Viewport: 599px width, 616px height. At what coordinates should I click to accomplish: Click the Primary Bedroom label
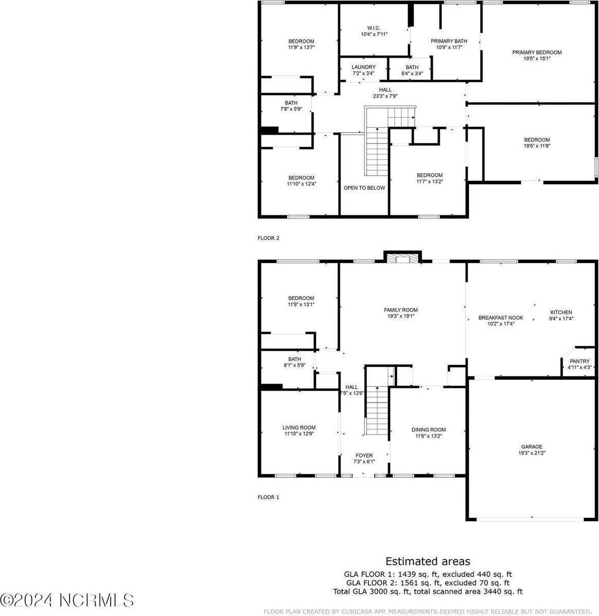click(x=537, y=52)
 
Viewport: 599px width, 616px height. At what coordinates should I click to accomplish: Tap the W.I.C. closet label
click(x=374, y=28)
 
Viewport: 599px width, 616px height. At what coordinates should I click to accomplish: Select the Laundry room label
click(x=363, y=67)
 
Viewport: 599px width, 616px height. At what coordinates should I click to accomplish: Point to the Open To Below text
click(x=364, y=188)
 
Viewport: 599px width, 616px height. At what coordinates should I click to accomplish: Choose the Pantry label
click(x=579, y=361)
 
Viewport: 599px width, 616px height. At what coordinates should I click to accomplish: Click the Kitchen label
click(x=561, y=312)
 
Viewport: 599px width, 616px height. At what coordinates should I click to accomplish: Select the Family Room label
click(x=401, y=310)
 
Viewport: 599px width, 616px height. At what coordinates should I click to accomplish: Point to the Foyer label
click(x=364, y=456)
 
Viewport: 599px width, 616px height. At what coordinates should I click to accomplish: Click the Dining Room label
click(x=428, y=430)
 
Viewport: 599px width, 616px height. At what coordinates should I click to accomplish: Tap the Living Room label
click(x=299, y=428)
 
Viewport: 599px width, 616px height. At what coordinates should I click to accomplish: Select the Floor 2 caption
click(x=268, y=238)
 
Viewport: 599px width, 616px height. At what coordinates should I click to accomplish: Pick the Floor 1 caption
click(x=268, y=497)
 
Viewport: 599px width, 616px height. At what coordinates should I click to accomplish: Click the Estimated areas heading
click(x=428, y=561)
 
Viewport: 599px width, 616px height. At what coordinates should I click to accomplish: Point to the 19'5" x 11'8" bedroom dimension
click(x=537, y=146)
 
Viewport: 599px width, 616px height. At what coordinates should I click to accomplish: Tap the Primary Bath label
click(x=449, y=41)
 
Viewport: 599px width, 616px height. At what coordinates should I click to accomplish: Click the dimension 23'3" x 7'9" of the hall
click(x=385, y=96)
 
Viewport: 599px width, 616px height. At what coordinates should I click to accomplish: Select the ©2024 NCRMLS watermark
click(x=67, y=600)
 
